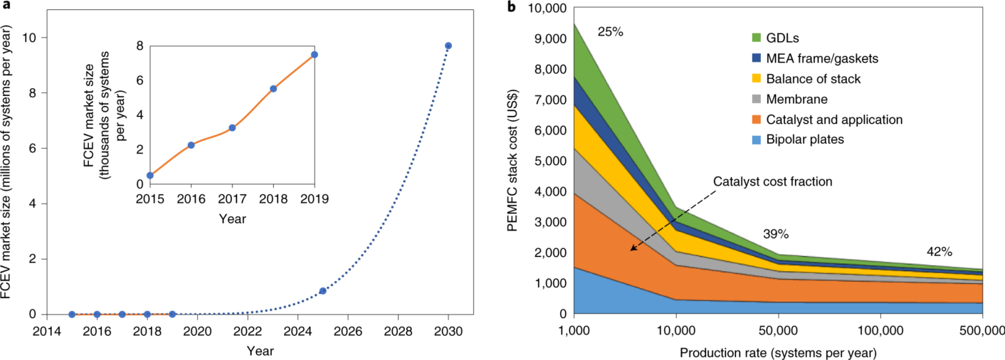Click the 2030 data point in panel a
click(x=448, y=46)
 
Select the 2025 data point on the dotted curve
click(x=322, y=291)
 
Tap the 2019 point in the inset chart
click(x=314, y=54)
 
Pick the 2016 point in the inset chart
click(x=191, y=145)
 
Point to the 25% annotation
click(x=610, y=31)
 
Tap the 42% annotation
click(x=939, y=252)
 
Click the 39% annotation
click(x=775, y=234)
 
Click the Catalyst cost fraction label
click(x=773, y=181)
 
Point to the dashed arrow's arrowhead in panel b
click(x=631, y=250)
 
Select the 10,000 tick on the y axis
click(x=545, y=8)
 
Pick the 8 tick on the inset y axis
click(x=140, y=46)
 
